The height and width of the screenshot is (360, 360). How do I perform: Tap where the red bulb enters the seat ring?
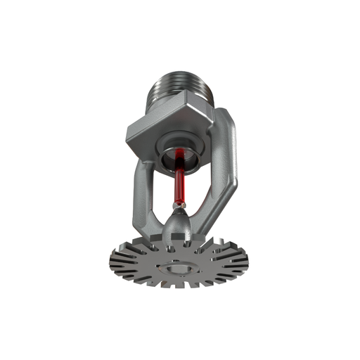(184, 163)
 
